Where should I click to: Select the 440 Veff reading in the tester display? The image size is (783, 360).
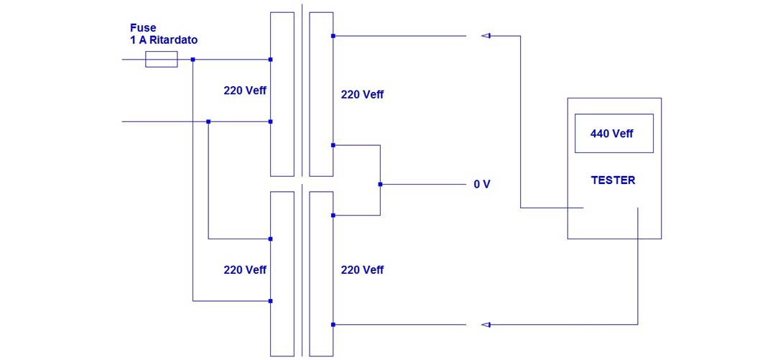613,134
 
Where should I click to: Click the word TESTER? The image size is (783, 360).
613,181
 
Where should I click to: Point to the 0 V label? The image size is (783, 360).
482,185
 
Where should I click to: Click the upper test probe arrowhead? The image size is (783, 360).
486,35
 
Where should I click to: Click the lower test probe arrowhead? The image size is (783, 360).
486,325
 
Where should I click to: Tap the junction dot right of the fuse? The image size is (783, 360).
193,60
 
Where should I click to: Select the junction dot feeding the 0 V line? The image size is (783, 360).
381,184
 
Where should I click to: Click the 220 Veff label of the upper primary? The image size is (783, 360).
245,91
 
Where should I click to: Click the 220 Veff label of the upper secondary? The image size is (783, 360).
362,95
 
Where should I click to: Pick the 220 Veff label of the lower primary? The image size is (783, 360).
245,270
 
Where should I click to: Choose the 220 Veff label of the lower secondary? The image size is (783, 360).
362,270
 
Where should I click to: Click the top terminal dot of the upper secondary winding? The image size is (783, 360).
333,35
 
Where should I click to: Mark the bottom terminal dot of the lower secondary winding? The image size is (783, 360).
333,325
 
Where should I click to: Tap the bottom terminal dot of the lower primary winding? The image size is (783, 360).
270,301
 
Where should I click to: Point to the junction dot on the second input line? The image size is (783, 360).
208,121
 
